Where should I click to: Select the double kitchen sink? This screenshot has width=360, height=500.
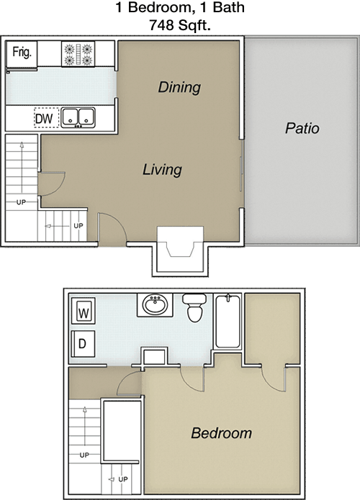coord(79,117)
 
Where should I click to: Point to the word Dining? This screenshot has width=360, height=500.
coord(179,88)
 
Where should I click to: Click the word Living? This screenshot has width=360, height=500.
coord(161,171)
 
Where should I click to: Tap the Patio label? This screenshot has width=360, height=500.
coord(302,129)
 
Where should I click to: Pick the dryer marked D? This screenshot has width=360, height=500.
coord(82,344)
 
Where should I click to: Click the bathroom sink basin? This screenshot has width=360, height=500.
coord(154,305)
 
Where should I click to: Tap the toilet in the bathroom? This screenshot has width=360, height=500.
coord(193,306)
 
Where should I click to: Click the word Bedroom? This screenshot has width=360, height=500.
coord(221,433)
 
